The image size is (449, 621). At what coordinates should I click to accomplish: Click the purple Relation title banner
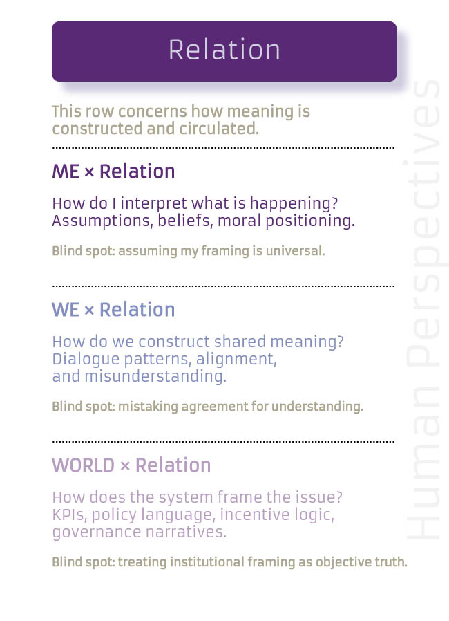pos(224,51)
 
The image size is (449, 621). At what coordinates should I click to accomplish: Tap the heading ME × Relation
pos(113,172)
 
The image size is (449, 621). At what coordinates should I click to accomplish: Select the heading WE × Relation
pos(113,310)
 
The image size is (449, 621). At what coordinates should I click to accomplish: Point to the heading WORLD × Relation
pos(131,465)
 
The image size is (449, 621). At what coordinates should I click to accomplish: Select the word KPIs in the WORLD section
pos(69,515)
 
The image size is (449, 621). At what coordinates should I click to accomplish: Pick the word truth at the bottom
pos(391,562)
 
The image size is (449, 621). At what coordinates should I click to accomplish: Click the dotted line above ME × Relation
pos(223,147)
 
